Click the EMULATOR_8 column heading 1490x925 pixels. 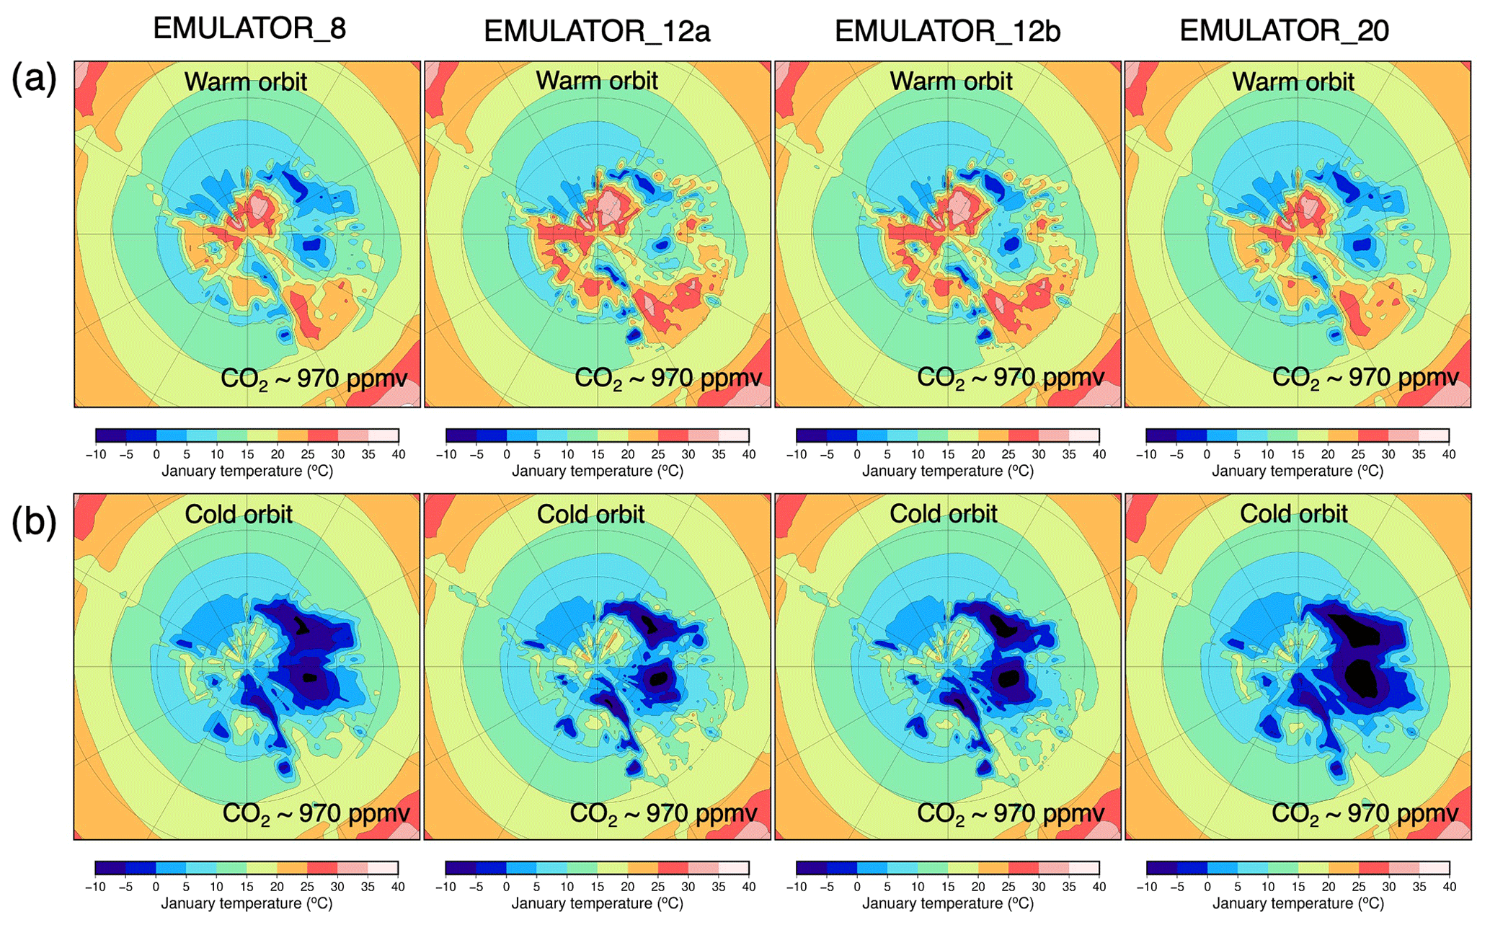249,29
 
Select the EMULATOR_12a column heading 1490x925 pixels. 597,31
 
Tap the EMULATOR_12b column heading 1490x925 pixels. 947,31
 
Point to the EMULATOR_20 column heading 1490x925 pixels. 1284,30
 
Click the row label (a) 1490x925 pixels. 34,78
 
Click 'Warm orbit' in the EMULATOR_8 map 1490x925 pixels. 246,81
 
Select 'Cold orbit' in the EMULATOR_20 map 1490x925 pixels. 1293,513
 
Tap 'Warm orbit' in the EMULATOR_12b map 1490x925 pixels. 951,81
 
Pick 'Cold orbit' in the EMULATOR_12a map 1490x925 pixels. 590,514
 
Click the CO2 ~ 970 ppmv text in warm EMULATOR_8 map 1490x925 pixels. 314,379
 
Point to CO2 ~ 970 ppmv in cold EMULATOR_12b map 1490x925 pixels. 1011,813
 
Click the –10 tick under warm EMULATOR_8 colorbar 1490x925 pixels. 95,455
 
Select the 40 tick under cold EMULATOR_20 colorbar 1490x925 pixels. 1449,887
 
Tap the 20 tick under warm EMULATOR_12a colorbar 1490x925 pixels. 628,455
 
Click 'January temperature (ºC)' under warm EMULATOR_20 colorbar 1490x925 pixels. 1298,471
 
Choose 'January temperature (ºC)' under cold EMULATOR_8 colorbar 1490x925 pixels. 247,903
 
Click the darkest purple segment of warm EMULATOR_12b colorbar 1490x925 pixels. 811,435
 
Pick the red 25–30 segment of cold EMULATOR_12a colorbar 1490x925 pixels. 673,867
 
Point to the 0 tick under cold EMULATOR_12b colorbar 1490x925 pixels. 857,887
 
